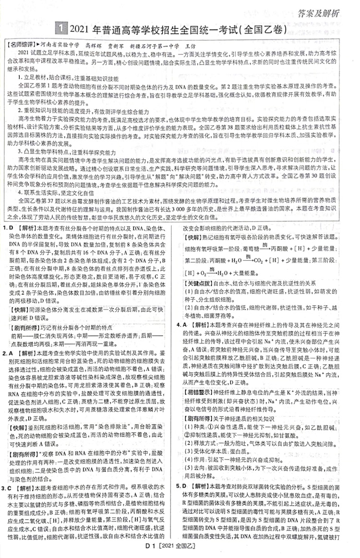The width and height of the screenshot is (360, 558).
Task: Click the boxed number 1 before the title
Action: click(x=61, y=29)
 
